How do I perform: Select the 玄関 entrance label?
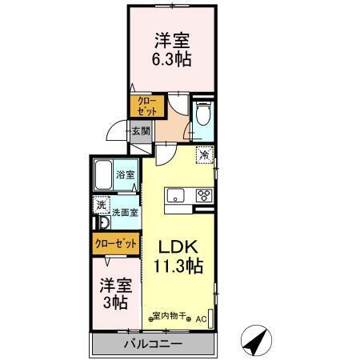141,131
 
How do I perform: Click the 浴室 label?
126,174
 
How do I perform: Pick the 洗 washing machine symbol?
102,206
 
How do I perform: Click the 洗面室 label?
125,213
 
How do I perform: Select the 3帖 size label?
114,302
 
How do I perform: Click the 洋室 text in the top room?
171,40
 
